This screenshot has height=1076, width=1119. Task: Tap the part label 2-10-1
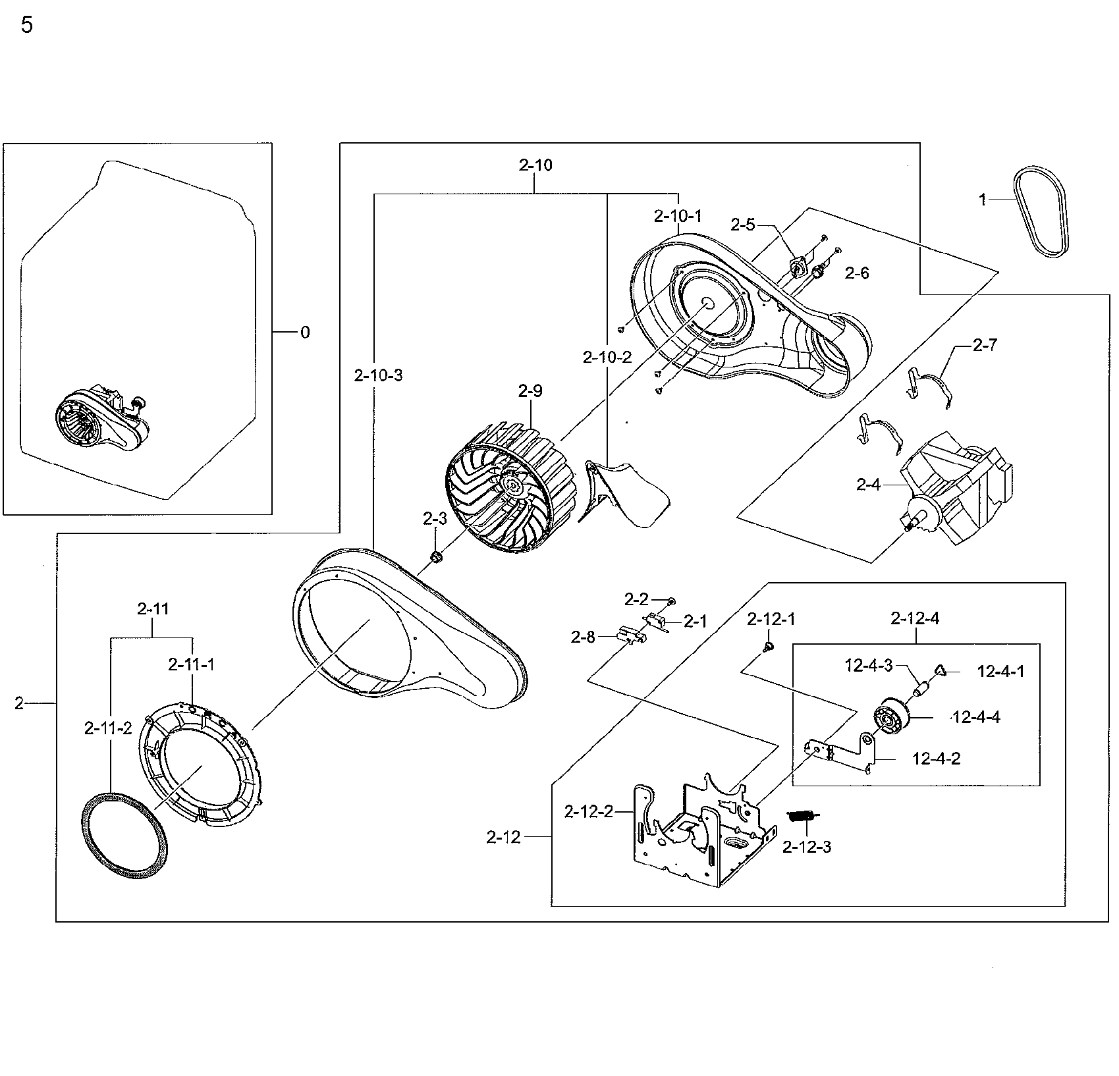pyautogui.click(x=678, y=216)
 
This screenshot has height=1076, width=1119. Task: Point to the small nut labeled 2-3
pyautogui.click(x=435, y=558)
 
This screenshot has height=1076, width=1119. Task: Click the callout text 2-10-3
pyautogui.click(x=378, y=375)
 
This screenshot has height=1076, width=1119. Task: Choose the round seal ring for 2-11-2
pyautogui.click(x=124, y=835)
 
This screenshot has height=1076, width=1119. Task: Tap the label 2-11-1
pyautogui.click(x=191, y=665)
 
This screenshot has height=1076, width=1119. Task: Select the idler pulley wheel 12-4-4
pyautogui.click(x=890, y=718)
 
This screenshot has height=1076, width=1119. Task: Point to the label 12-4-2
pyautogui.click(x=936, y=759)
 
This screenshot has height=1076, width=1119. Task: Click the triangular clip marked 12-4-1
pyautogui.click(x=940, y=670)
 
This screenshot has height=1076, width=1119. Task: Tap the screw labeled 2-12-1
pyautogui.click(x=768, y=648)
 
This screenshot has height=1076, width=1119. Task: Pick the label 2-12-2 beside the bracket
pyautogui.click(x=588, y=812)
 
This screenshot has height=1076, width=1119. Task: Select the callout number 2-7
pyautogui.click(x=985, y=345)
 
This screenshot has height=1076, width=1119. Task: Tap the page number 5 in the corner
pyautogui.click(x=27, y=26)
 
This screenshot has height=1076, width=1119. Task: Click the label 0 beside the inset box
pyautogui.click(x=305, y=333)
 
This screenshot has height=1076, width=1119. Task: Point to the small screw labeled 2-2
pyautogui.click(x=670, y=601)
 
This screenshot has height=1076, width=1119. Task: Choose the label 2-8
pyautogui.click(x=583, y=637)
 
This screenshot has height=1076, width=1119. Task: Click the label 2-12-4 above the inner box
pyautogui.click(x=915, y=618)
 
